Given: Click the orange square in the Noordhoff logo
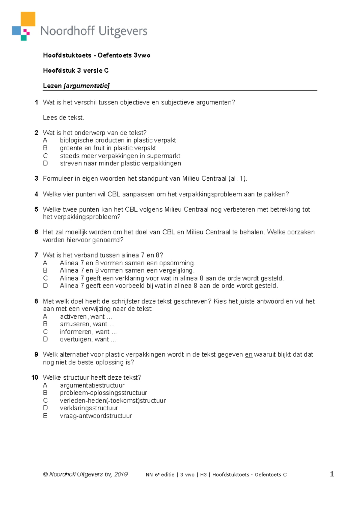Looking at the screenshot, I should (28, 19).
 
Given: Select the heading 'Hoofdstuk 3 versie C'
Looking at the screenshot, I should (76, 71).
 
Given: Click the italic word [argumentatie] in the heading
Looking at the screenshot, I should (87, 86).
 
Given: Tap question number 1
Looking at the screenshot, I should (36, 102).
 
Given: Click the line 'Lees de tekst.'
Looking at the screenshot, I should (63, 118).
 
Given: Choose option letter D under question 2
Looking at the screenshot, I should (45, 163).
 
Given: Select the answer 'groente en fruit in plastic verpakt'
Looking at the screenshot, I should (108, 148).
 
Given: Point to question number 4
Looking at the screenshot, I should (36, 194).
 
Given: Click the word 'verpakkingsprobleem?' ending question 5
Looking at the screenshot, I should (82, 217).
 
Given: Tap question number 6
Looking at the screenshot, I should (36, 232).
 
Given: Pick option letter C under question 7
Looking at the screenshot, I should (45, 278).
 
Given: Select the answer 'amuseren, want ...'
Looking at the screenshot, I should (87, 324).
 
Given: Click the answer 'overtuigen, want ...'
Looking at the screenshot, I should (88, 339).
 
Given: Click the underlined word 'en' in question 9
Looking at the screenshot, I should (249, 355).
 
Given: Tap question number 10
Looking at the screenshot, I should (35, 378).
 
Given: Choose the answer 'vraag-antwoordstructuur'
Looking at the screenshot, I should (96, 416).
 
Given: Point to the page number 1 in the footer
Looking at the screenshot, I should (332, 474).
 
